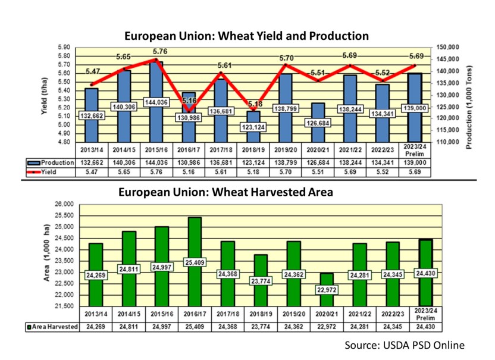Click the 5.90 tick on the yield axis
click(x=64, y=47)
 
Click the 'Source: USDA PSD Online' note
click(x=405, y=346)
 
